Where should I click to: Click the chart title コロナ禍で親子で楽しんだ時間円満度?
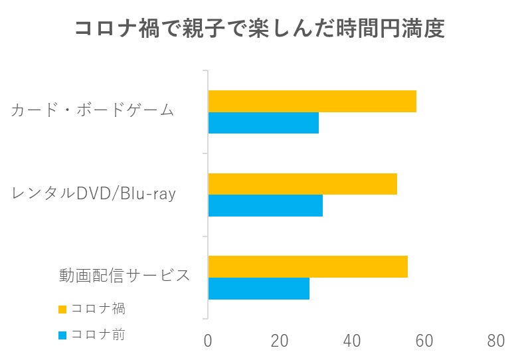pyautogui.click(x=258, y=29)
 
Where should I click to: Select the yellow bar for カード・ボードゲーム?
pyautogui.click(x=312, y=101)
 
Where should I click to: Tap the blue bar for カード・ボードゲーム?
pyautogui.click(x=264, y=123)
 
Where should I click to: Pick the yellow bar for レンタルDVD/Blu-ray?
pyautogui.click(x=303, y=183)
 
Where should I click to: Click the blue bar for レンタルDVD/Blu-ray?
pyautogui.click(x=266, y=205)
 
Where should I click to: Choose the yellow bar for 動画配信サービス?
pyautogui.click(x=308, y=266)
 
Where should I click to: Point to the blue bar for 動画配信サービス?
pyautogui.click(x=259, y=288)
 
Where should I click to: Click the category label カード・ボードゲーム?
pyautogui.click(x=93, y=110)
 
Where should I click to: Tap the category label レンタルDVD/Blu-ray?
pyautogui.click(x=94, y=193)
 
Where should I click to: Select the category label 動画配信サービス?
pyautogui.click(x=125, y=275)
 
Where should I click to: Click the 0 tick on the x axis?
pyautogui.click(x=208, y=341)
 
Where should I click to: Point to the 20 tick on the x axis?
pyautogui.click(x=280, y=341)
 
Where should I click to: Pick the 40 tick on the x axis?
pyautogui.click(x=352, y=341)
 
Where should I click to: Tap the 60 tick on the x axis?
pyautogui.click(x=424, y=341)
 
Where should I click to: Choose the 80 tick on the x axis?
pyautogui.click(x=495, y=341)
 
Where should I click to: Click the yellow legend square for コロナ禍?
pyautogui.click(x=62, y=309)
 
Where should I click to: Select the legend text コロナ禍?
pyautogui.click(x=98, y=309)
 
